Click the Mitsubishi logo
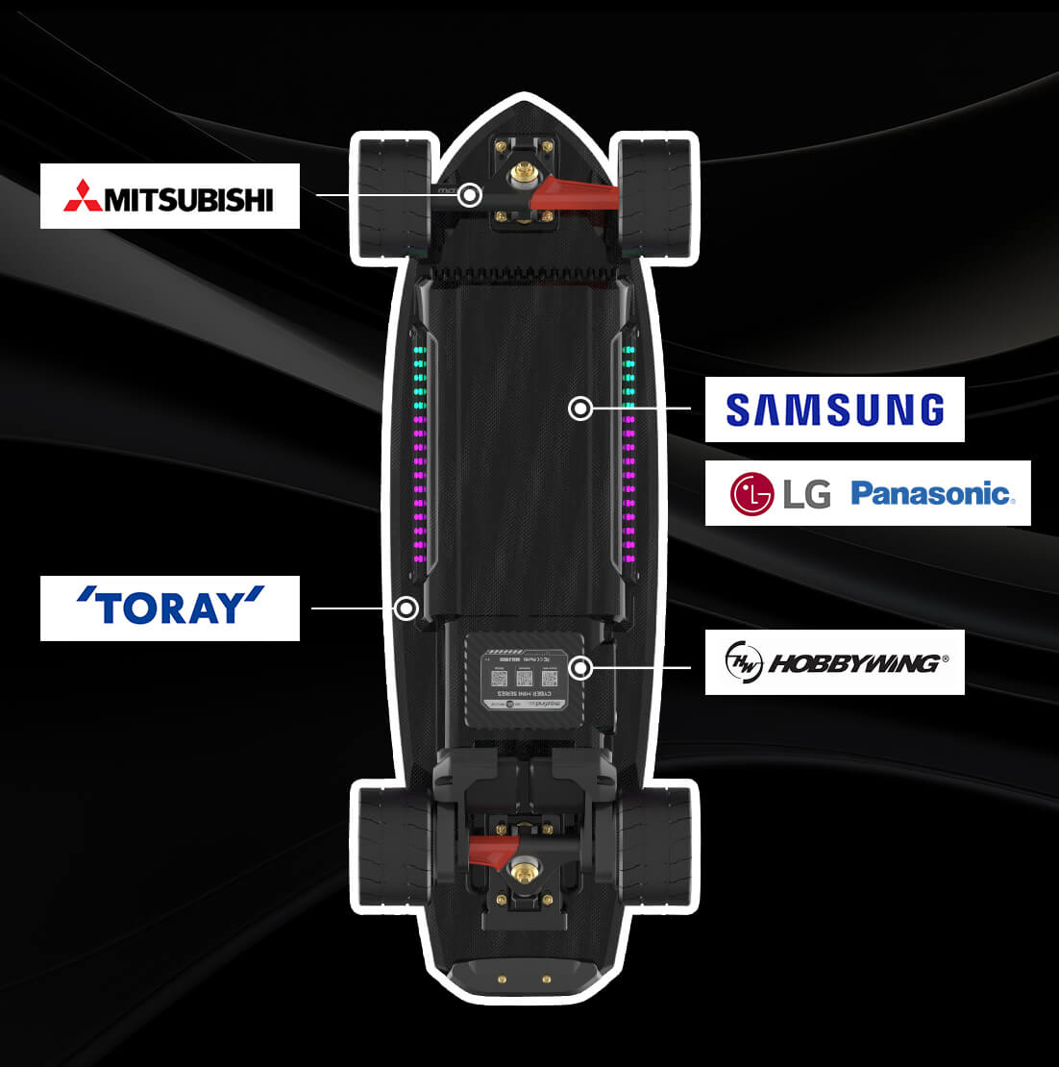tap(169, 196)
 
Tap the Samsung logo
tap(834, 409)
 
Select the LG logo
tap(779, 494)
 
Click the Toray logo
tap(170, 608)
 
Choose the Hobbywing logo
tap(834, 662)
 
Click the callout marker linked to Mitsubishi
tap(469, 195)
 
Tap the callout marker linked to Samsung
tap(580, 409)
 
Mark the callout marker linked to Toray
tap(406, 608)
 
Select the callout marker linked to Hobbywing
tap(579, 667)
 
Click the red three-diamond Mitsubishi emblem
tap(83, 196)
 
